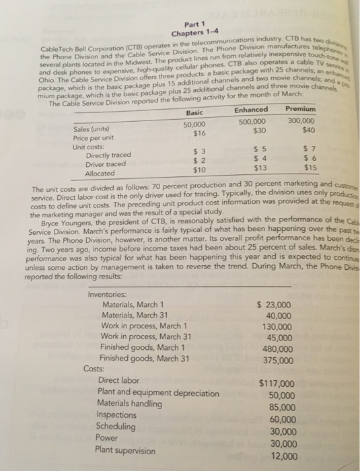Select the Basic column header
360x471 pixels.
click(x=194, y=112)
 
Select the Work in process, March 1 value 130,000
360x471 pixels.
click(x=277, y=327)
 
